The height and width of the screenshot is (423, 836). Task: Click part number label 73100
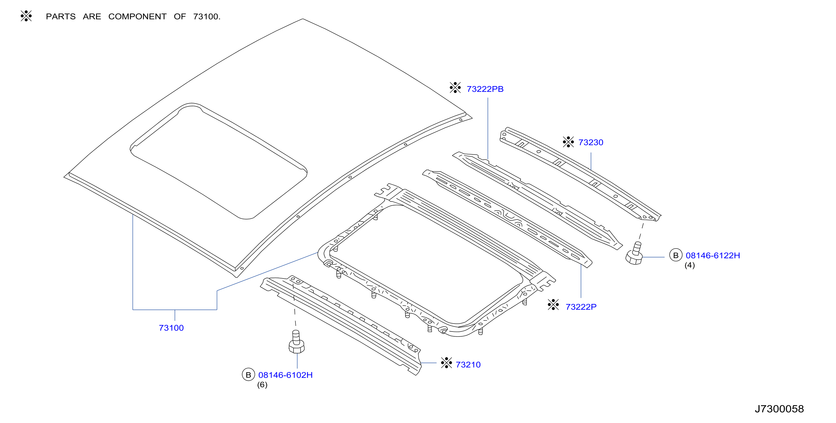click(171, 328)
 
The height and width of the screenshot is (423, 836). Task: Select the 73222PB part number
click(485, 89)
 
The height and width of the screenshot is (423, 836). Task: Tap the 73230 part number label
click(591, 142)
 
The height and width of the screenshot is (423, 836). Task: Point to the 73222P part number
click(581, 307)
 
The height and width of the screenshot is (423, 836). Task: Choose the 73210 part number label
click(468, 365)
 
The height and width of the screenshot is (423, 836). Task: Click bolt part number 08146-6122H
click(713, 255)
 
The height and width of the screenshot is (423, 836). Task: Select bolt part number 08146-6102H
click(285, 375)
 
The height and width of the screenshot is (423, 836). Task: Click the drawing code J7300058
click(779, 409)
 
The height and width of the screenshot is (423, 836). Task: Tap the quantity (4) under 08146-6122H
click(690, 265)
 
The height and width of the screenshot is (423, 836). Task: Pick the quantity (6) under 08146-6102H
click(262, 385)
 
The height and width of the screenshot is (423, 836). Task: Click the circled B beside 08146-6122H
click(676, 255)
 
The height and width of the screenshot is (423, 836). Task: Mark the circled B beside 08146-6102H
click(248, 375)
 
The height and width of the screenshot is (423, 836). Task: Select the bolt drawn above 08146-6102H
click(297, 341)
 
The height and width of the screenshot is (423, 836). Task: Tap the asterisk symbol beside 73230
click(568, 142)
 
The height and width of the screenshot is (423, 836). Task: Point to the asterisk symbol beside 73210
click(446, 363)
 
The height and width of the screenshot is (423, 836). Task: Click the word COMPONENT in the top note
click(137, 17)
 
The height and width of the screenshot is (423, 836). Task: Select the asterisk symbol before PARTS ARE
click(26, 16)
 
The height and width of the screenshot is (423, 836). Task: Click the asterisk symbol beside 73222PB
click(455, 87)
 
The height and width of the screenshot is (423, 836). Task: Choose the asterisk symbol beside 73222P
click(553, 304)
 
